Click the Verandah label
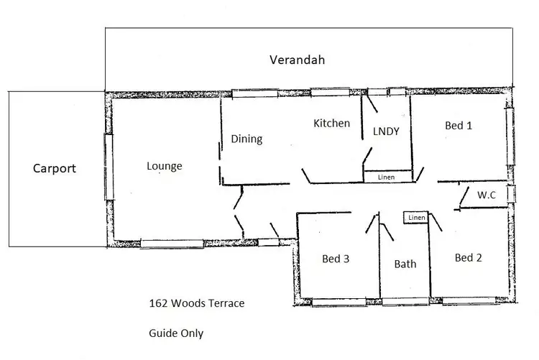297,60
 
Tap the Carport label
54,169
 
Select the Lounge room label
164,166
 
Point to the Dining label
246,139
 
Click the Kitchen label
331,123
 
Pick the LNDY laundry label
386,131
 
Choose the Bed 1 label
459,125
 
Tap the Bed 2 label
468,257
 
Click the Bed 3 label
336,259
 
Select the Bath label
405,264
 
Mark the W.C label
487,194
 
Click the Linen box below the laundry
387,176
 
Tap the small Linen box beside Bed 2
416,218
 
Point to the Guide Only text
175,333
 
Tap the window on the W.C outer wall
512,195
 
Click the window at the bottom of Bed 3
336,302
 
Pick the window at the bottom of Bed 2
469,301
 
